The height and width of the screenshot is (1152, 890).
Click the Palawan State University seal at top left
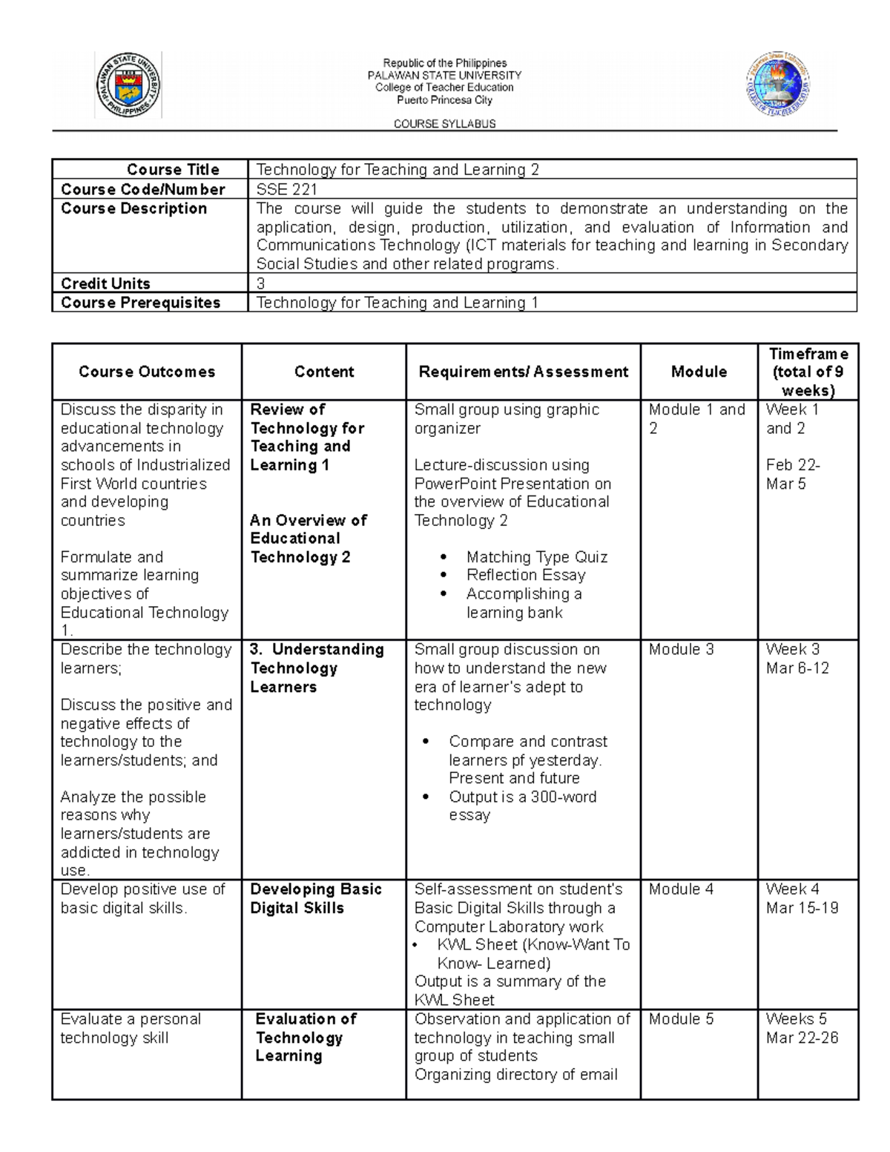coord(128,85)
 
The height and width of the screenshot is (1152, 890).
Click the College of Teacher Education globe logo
coord(777,84)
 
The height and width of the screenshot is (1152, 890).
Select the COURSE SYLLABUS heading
coord(444,124)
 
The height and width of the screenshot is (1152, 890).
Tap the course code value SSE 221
coord(286,189)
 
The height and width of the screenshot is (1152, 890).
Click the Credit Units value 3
coord(260,283)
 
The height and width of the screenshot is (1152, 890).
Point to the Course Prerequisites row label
coord(141,303)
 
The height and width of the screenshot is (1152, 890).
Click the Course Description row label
coord(134,208)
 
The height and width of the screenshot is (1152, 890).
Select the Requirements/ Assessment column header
coord(523,372)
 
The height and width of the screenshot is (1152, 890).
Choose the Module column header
coord(699,372)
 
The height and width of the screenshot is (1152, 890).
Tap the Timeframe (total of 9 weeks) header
coord(808,372)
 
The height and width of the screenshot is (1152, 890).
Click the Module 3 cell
coord(681,650)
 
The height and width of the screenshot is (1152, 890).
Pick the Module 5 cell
coord(681,1019)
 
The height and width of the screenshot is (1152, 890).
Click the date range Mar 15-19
coord(802,908)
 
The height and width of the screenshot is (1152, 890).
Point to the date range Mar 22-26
coord(802,1038)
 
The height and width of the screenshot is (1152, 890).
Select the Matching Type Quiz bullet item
coord(536,557)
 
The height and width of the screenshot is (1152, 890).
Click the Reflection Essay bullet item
coord(526,575)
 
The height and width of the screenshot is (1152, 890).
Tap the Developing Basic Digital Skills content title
coord(315,898)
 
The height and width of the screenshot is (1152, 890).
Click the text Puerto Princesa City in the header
coord(444,99)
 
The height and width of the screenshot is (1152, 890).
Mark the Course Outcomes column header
coord(147,372)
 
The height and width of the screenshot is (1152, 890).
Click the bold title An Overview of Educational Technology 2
coord(308,539)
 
